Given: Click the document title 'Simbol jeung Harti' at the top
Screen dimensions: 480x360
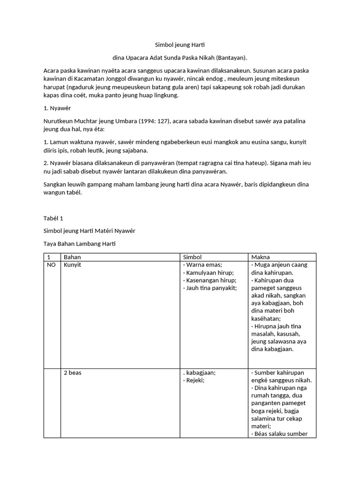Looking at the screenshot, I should point(180,45).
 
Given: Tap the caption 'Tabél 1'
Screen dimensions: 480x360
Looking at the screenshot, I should point(53,218).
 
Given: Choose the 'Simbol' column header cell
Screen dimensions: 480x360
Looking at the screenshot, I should point(192,257).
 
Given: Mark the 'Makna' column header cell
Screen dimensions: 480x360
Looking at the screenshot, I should point(261,257).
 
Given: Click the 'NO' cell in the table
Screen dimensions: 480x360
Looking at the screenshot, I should point(51,265).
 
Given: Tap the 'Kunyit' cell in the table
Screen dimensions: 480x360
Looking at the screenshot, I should point(73,265).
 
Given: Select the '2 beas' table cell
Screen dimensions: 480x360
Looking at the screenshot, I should point(74,373).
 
